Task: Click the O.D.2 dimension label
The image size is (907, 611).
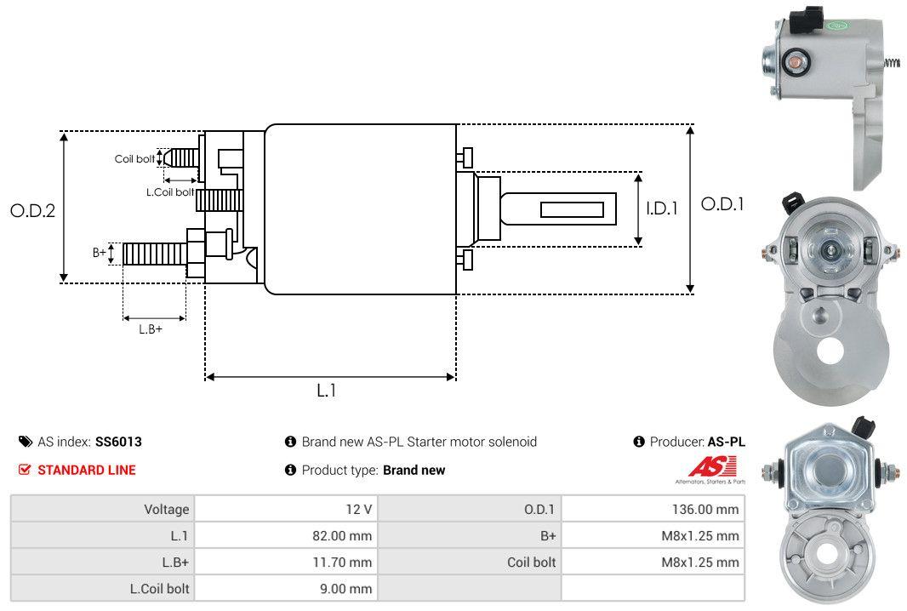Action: (x=32, y=210)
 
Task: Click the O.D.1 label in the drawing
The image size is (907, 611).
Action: (x=722, y=204)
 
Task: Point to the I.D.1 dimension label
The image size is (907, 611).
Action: (x=661, y=208)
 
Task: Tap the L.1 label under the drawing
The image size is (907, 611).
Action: (x=328, y=391)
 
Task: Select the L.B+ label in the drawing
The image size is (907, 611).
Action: (x=151, y=328)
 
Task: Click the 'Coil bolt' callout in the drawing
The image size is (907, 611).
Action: (x=134, y=159)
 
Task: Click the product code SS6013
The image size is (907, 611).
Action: (x=118, y=442)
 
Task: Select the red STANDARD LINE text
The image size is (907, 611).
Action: (x=86, y=470)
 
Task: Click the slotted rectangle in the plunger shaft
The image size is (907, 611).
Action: (x=573, y=209)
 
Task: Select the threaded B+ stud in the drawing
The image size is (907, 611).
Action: (x=154, y=253)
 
